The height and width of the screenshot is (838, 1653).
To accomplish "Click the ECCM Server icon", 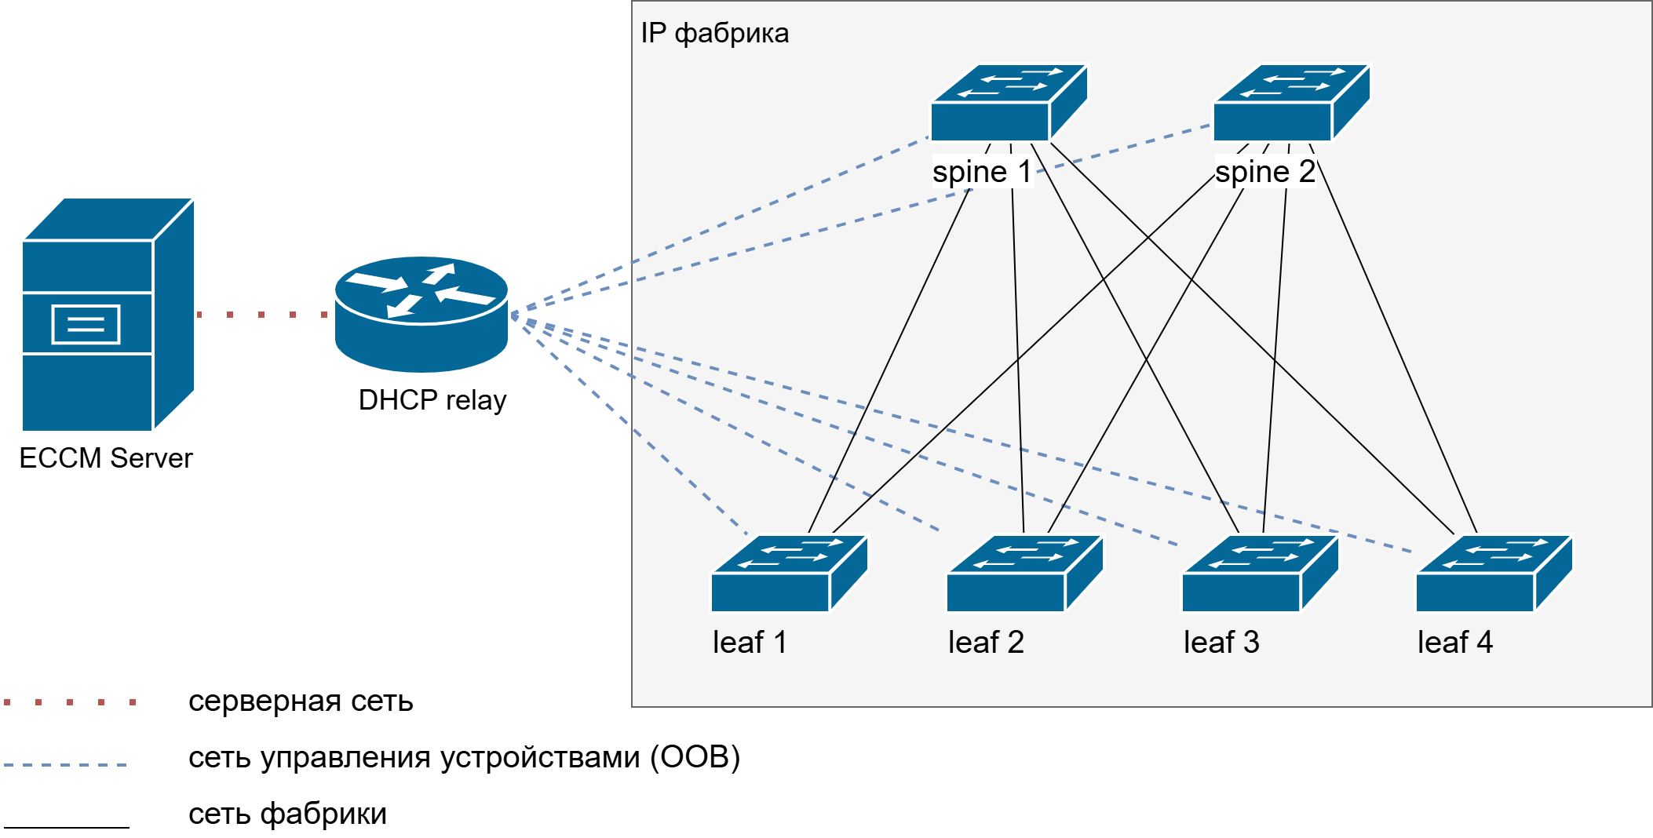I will [x=108, y=314].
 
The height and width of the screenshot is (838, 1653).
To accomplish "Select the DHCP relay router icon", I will [x=421, y=314].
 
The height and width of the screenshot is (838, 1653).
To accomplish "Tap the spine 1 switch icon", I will [x=1009, y=103].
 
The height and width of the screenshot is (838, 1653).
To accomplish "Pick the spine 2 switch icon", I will [x=1291, y=103].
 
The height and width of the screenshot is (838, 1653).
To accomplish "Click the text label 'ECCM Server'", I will [x=106, y=458].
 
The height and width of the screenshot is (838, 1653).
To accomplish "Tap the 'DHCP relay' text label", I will [x=432, y=400].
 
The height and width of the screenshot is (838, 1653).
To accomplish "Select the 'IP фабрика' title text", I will [x=714, y=34].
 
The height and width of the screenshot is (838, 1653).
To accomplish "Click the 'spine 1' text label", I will [x=981, y=172].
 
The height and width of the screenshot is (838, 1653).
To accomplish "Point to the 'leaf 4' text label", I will [x=1454, y=643].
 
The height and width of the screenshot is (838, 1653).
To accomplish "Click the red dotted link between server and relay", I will [x=261, y=315].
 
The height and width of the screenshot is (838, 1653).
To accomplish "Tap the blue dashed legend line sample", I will [x=66, y=764].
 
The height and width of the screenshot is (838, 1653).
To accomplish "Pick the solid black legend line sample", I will [x=67, y=827].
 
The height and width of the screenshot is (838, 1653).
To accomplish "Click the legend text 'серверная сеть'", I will [x=301, y=701].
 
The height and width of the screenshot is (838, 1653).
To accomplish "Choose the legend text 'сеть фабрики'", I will [x=287, y=814].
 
